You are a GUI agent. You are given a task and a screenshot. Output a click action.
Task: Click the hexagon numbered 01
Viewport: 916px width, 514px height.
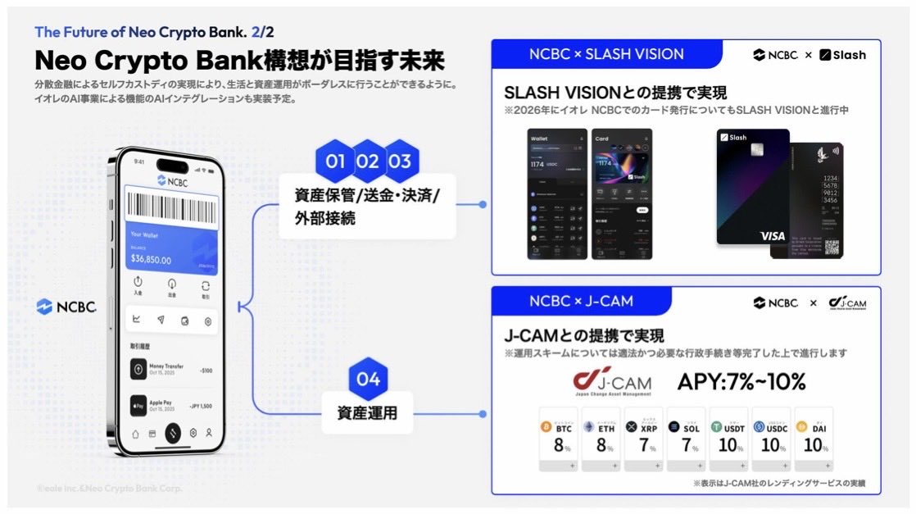point(335,161)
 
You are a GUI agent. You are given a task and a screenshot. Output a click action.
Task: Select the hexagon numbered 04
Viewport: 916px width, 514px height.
point(368,379)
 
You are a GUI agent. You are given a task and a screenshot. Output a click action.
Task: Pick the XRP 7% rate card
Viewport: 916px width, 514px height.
point(643,439)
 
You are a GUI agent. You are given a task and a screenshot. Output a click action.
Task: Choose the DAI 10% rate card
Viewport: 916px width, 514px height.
point(813,439)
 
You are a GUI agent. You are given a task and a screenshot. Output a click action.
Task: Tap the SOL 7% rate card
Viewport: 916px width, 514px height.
point(686,439)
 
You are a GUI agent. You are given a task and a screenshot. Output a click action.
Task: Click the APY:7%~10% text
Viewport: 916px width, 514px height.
point(741,382)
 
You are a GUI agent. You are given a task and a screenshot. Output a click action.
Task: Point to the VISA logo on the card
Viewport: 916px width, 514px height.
point(772,235)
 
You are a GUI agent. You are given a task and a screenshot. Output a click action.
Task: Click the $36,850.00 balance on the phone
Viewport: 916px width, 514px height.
point(151,260)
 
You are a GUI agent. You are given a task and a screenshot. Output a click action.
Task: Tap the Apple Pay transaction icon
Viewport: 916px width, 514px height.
point(138,407)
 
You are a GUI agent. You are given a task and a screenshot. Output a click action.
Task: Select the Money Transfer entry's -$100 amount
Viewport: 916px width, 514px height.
point(206,371)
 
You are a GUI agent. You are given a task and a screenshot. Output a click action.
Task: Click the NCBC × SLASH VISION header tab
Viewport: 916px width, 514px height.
point(606,55)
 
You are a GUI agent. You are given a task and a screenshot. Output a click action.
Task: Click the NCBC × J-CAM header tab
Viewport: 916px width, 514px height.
point(581,301)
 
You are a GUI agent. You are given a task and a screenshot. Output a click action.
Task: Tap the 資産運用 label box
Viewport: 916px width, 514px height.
point(367,413)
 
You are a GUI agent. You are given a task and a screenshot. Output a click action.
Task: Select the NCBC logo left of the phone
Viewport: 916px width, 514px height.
point(66,307)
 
